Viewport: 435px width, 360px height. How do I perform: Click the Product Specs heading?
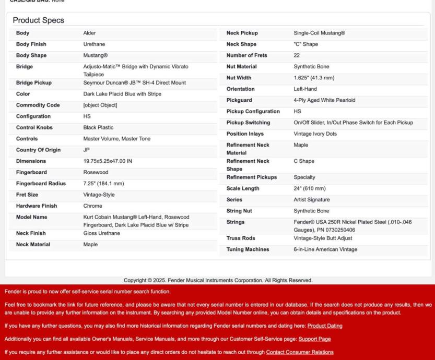(x=39, y=20)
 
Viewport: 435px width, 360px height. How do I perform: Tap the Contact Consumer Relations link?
(x=300, y=352)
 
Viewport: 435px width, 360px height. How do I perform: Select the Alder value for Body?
(x=90, y=33)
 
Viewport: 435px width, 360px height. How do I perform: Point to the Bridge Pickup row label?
(x=34, y=83)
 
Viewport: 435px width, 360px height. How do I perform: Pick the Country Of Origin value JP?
(x=87, y=150)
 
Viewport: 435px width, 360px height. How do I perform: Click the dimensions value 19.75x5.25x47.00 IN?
(x=108, y=161)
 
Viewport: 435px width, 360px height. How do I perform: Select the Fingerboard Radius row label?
(x=41, y=184)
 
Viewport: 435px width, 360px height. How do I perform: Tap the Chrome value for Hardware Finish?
(x=92, y=206)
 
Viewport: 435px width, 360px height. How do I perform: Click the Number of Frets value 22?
(x=297, y=55)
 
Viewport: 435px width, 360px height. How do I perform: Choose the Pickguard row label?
(x=239, y=100)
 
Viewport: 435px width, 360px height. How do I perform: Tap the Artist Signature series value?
(x=312, y=200)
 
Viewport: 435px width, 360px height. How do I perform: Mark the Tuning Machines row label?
(x=248, y=249)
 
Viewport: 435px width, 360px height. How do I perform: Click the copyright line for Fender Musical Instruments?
(x=217, y=280)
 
